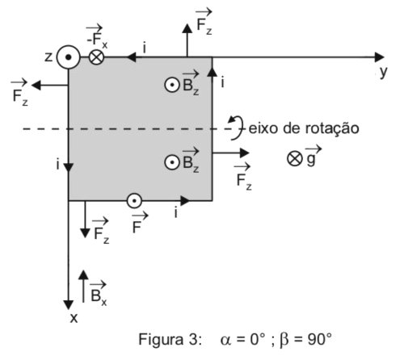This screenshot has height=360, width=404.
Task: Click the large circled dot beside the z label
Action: tap(69, 57)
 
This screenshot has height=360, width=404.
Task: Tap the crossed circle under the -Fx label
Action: tap(96, 57)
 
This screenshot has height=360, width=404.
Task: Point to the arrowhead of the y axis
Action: tap(379, 57)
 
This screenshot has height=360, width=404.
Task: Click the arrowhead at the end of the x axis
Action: tap(69, 305)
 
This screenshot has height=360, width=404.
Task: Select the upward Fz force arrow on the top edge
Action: tap(187, 40)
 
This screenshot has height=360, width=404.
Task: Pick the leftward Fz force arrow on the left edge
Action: tap(50, 86)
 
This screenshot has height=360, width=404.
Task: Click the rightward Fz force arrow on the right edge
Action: tap(230, 153)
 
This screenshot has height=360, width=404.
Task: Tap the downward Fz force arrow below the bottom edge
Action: tap(85, 220)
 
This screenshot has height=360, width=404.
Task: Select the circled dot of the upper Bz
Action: tap(172, 85)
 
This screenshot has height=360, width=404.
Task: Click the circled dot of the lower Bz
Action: tap(172, 162)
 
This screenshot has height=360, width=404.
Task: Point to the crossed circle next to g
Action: tap(294, 158)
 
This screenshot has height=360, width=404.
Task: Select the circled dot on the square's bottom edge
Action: tap(134, 201)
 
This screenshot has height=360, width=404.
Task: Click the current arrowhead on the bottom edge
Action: tap(185, 201)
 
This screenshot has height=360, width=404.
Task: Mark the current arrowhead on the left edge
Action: tap(69, 167)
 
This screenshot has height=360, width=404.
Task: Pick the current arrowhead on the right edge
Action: tap(213, 72)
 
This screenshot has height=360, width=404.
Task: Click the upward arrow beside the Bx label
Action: tap(83, 287)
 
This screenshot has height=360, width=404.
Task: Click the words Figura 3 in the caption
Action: tap(170, 339)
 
